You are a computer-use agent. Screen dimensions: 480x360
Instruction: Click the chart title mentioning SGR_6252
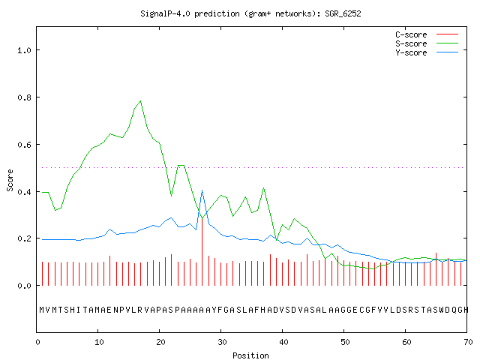pos(250,13)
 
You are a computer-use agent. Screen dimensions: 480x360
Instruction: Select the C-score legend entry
pos(411,34)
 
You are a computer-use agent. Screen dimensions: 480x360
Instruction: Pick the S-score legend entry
pos(411,43)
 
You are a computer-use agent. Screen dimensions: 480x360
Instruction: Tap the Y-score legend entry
pos(411,52)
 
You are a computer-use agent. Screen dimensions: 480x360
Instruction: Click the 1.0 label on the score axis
pos(25,50)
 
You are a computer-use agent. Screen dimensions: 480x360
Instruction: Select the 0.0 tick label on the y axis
pos(25,286)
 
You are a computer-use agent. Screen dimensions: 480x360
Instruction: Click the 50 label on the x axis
pos(345,342)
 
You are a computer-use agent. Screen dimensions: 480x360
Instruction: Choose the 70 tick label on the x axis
pos(468,342)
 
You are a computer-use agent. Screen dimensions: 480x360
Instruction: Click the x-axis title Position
pos(250,355)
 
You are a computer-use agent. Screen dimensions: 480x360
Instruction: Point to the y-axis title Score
pos(10,181)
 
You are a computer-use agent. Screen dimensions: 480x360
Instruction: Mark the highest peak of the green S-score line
pos(140,101)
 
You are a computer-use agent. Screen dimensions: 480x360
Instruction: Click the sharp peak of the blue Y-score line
pos(202,190)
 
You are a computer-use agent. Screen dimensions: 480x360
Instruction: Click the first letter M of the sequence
pos(42,310)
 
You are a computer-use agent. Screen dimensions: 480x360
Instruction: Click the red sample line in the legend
pos(447,34)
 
